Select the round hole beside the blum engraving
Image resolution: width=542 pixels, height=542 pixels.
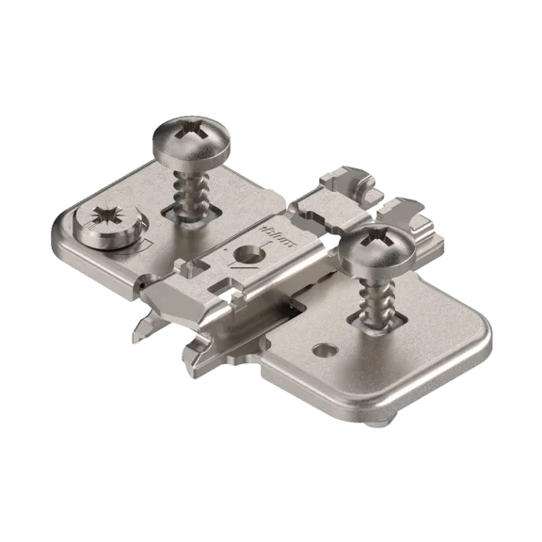pos(248,253)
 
